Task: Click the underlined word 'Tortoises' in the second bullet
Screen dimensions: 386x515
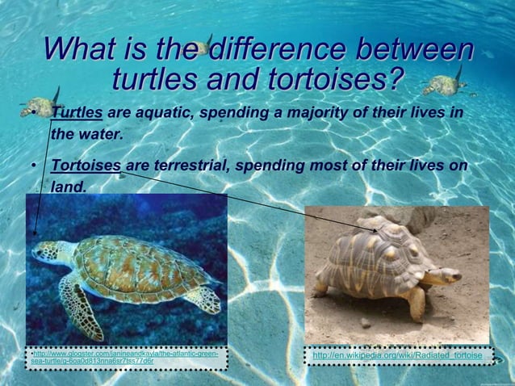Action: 86,166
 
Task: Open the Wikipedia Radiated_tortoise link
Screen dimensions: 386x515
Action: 396,356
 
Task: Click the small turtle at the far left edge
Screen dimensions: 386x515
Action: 36,105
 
